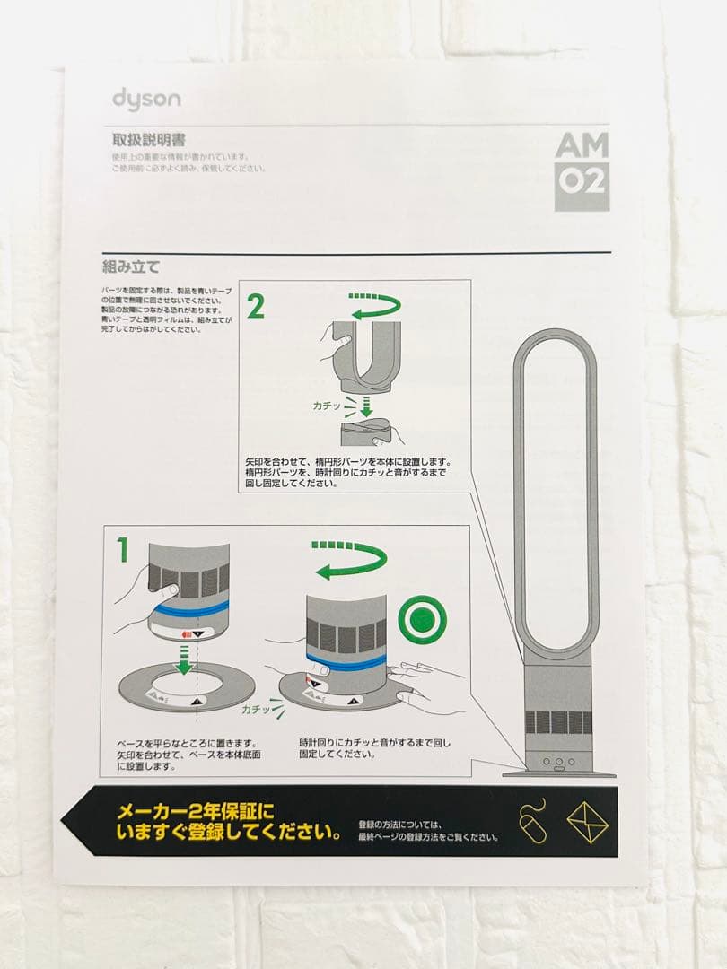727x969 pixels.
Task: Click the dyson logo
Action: [x=145, y=98]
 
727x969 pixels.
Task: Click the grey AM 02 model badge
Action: [x=581, y=170]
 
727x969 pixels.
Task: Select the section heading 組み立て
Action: [x=130, y=266]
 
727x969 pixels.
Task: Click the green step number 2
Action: [x=256, y=306]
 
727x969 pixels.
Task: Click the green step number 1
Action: [x=123, y=549]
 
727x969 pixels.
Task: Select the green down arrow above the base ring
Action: [x=184, y=662]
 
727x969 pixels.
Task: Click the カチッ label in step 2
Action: [x=327, y=406]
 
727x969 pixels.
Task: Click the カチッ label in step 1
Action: [x=256, y=709]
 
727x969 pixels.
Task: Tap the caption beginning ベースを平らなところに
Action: [x=188, y=755]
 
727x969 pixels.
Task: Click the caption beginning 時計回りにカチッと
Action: [x=375, y=748]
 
